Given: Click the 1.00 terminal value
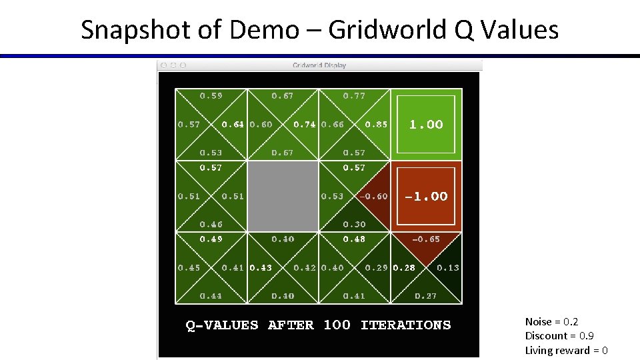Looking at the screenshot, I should [x=426, y=125].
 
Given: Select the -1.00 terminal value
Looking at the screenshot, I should [x=426, y=196].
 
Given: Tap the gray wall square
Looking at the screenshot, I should [x=283, y=196].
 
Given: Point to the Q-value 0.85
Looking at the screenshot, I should [x=376, y=125].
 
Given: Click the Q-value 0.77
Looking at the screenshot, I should [x=354, y=96].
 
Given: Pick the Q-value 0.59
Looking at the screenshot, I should [x=211, y=96].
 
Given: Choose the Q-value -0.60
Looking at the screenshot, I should [x=373, y=196].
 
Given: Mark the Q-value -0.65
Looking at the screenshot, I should [x=426, y=239].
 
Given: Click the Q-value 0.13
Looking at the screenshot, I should [x=448, y=268].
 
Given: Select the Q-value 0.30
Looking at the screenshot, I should [x=354, y=225].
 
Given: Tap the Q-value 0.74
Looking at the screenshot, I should [x=305, y=125].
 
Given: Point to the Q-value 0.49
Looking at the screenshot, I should [x=211, y=239].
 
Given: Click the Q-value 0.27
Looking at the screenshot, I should [x=426, y=296].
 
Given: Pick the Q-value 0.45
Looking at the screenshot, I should [x=189, y=268].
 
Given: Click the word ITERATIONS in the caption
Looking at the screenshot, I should [x=405, y=325].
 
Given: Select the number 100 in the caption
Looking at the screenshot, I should [x=337, y=325].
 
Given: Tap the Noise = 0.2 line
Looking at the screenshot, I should [x=551, y=322].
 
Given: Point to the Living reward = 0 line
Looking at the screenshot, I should [x=566, y=351].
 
